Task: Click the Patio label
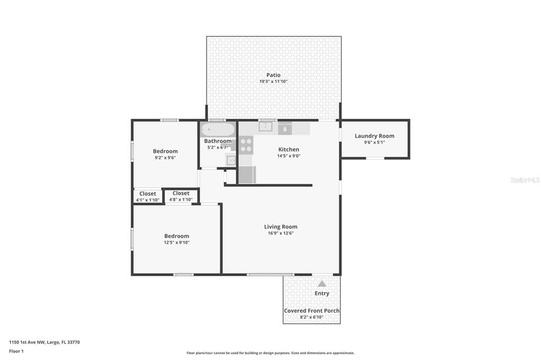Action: pyautogui.click(x=273, y=75)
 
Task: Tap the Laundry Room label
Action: pyautogui.click(x=375, y=136)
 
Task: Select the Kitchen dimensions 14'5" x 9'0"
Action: pyautogui.click(x=289, y=156)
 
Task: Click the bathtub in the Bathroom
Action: pyautogui.click(x=218, y=130)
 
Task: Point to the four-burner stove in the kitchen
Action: pyautogui.click(x=246, y=145)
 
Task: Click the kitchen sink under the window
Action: pyautogui.click(x=265, y=127)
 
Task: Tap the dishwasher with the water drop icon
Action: pyautogui.click(x=285, y=128)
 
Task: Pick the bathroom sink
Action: pyautogui.click(x=231, y=160)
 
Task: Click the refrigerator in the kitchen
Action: pyautogui.click(x=247, y=175)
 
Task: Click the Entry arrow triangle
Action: pyautogui.click(x=322, y=284)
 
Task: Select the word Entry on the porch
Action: pyautogui.click(x=322, y=293)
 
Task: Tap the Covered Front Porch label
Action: pyautogui.click(x=312, y=311)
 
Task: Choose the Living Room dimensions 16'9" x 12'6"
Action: pyautogui.click(x=281, y=233)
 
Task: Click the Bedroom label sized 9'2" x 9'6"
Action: pyautogui.click(x=165, y=151)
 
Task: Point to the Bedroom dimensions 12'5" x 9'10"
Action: pyautogui.click(x=176, y=242)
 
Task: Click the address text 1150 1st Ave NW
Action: pyautogui.click(x=27, y=343)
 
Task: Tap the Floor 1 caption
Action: pyautogui.click(x=16, y=352)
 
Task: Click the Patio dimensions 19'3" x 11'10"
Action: pyautogui.click(x=273, y=82)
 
